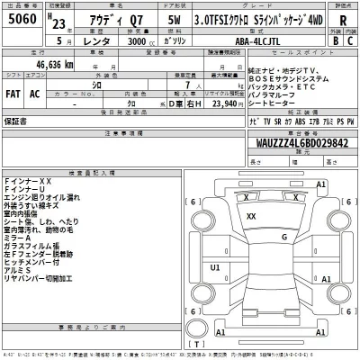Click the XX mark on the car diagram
pyautogui.click(x=251, y=217)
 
